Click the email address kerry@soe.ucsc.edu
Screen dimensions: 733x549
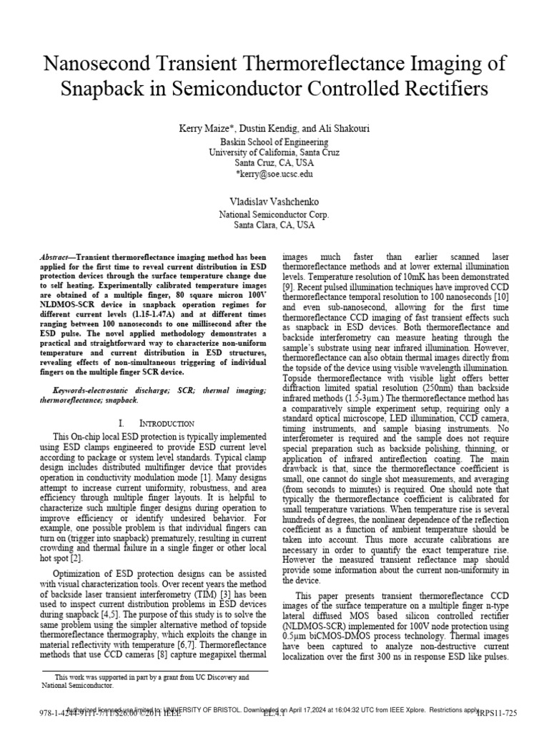pyautogui.click(x=274, y=173)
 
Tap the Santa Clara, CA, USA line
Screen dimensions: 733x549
pyautogui.click(x=274, y=224)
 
